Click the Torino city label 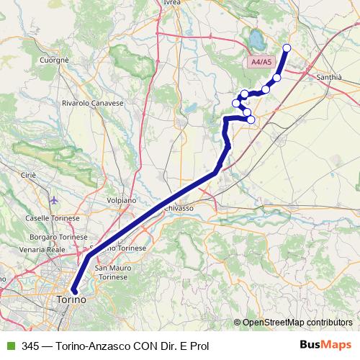tap(71, 299)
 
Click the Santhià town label tap(333, 75)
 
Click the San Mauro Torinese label tap(112, 272)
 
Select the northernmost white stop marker tap(287, 48)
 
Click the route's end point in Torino tap(73, 290)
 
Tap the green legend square tap(10, 345)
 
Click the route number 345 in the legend tap(31, 345)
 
